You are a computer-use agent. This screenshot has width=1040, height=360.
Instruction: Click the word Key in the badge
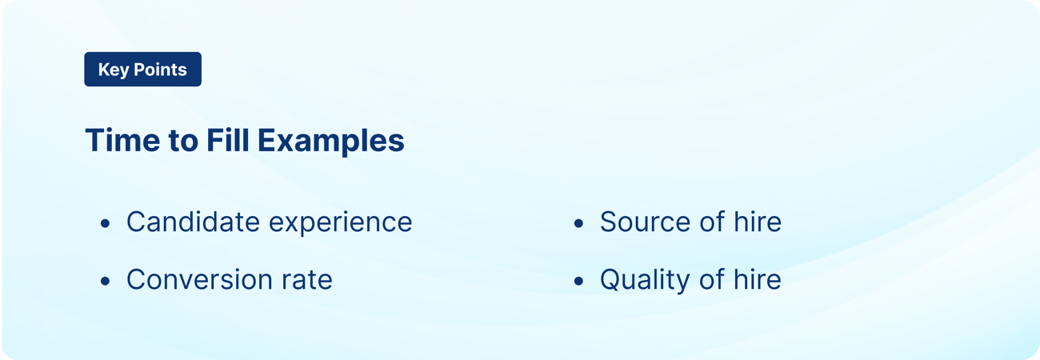113,70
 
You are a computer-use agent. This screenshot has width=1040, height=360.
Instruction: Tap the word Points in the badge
160,70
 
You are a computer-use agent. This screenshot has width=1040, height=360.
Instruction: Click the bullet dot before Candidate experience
105,223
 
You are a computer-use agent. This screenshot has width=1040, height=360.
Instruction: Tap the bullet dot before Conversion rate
105,281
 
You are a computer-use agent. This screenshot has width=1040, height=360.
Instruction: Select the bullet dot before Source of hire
578,223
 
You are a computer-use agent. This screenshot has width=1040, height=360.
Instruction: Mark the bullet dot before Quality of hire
578,281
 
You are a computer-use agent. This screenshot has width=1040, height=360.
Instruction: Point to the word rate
306,280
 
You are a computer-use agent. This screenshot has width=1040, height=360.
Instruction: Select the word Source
642,222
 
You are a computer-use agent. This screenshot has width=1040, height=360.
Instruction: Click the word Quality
644,280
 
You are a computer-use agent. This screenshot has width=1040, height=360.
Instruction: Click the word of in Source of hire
704,222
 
